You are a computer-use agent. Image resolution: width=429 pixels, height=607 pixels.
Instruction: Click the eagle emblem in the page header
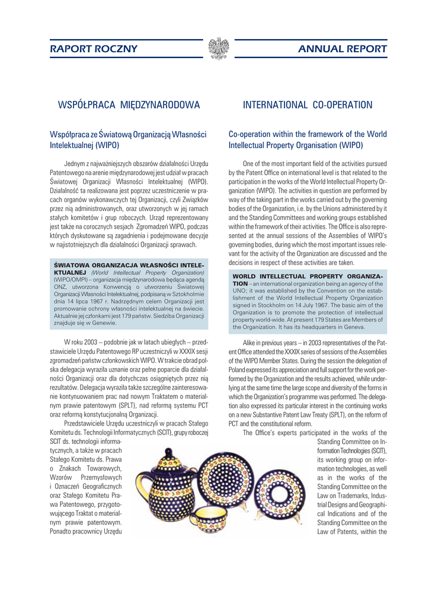[219, 48]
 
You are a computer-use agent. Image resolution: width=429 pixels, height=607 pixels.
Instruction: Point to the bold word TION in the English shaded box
[241, 283]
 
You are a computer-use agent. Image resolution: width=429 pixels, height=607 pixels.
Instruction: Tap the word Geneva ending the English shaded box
[354, 327]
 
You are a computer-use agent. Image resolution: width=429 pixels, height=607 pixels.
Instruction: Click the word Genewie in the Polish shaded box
[103, 323]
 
